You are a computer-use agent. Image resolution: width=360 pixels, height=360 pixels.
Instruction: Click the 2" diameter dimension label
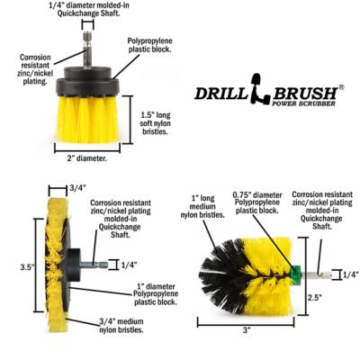click(x=87, y=158)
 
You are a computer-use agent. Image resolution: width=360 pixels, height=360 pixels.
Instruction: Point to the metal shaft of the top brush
click(x=85, y=45)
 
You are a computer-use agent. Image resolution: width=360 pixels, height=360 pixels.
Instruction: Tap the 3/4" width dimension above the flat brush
click(x=79, y=187)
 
